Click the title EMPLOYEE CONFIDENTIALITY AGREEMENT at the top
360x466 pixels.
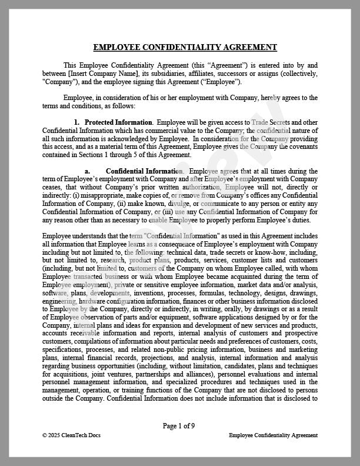[185, 48]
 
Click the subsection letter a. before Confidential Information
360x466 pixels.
[87, 171]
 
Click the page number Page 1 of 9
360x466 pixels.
[179, 425]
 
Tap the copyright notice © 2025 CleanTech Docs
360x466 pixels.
[68, 435]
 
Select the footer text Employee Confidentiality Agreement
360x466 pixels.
[273, 435]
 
